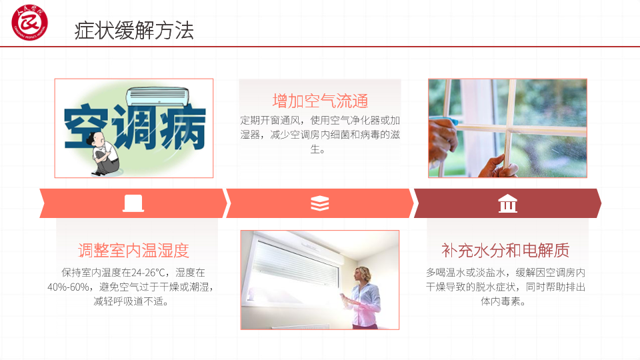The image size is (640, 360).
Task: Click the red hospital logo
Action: [29, 23]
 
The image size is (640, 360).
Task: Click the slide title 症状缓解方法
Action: [134, 31]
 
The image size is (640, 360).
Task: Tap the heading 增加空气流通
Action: [321, 101]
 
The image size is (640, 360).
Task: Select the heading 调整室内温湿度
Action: [133, 250]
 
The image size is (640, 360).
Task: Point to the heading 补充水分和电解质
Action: [505, 250]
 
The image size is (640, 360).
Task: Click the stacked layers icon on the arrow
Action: [319, 203]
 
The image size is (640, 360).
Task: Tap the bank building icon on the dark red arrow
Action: [508, 203]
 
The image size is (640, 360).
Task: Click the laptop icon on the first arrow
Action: [133, 203]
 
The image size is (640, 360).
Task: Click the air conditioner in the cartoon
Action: [157, 97]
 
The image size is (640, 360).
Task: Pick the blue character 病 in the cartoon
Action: [183, 127]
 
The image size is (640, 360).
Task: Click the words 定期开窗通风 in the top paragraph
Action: [270, 121]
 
